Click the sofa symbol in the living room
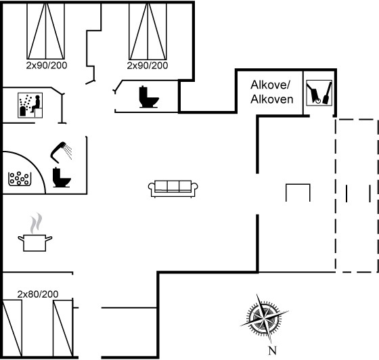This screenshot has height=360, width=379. [173, 189]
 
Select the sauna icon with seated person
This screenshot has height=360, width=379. [30, 106]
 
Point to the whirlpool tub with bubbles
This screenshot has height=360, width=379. [20, 179]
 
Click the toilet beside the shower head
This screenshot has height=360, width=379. [62, 177]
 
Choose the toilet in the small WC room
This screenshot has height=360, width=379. [149, 97]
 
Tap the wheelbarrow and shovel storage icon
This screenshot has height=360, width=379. [319, 93]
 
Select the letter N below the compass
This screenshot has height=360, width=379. [272, 351]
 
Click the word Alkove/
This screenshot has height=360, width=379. [270, 85]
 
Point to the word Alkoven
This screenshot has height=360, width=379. [271, 99]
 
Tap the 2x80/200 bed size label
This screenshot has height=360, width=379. [38, 294]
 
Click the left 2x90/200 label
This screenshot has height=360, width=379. [47, 65]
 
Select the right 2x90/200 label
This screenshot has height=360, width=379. [148, 66]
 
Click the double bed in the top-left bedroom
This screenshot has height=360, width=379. [46, 31]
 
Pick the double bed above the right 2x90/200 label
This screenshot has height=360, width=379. [148, 31]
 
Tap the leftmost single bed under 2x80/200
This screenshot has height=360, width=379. [12, 328]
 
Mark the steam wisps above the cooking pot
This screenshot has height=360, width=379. [36, 223]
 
